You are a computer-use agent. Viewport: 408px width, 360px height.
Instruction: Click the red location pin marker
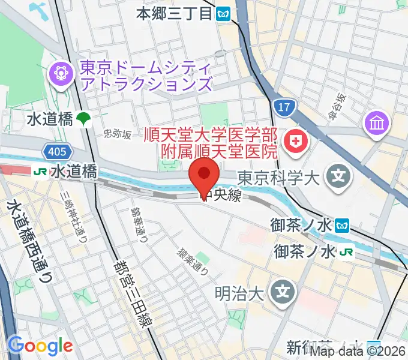point(203,175)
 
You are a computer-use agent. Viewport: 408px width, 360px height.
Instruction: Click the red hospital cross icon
point(296,142)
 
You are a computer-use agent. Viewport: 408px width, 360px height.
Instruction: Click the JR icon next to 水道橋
point(41,172)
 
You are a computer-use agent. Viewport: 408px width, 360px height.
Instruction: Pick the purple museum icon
point(378,124)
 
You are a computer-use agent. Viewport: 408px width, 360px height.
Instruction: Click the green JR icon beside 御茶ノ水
point(346,252)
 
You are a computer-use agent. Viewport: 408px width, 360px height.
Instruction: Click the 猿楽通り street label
point(193,262)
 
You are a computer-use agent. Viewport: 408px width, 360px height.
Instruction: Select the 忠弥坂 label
point(117,134)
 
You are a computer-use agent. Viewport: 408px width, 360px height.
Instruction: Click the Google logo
point(40,346)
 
